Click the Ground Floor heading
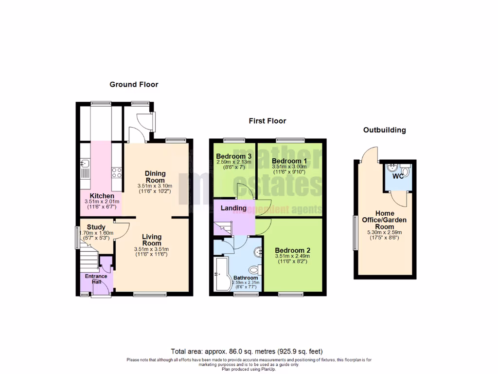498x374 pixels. pos(134,84)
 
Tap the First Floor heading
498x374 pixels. pos(267,121)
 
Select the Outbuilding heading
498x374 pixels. pos(385,130)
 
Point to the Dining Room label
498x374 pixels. pos(156,177)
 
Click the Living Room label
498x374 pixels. pos(151,240)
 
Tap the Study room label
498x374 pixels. pos(96,227)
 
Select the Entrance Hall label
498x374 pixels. pos(96,279)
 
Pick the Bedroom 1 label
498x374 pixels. pos(289,161)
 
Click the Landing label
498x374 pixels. pos(234,208)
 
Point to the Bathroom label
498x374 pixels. pos(245,278)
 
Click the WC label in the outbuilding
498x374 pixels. pos(398,176)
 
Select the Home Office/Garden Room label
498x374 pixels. pos(384,220)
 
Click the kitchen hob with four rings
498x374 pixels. pos(117,172)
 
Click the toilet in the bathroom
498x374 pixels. pos(253,269)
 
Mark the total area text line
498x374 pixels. pos(247,351)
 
